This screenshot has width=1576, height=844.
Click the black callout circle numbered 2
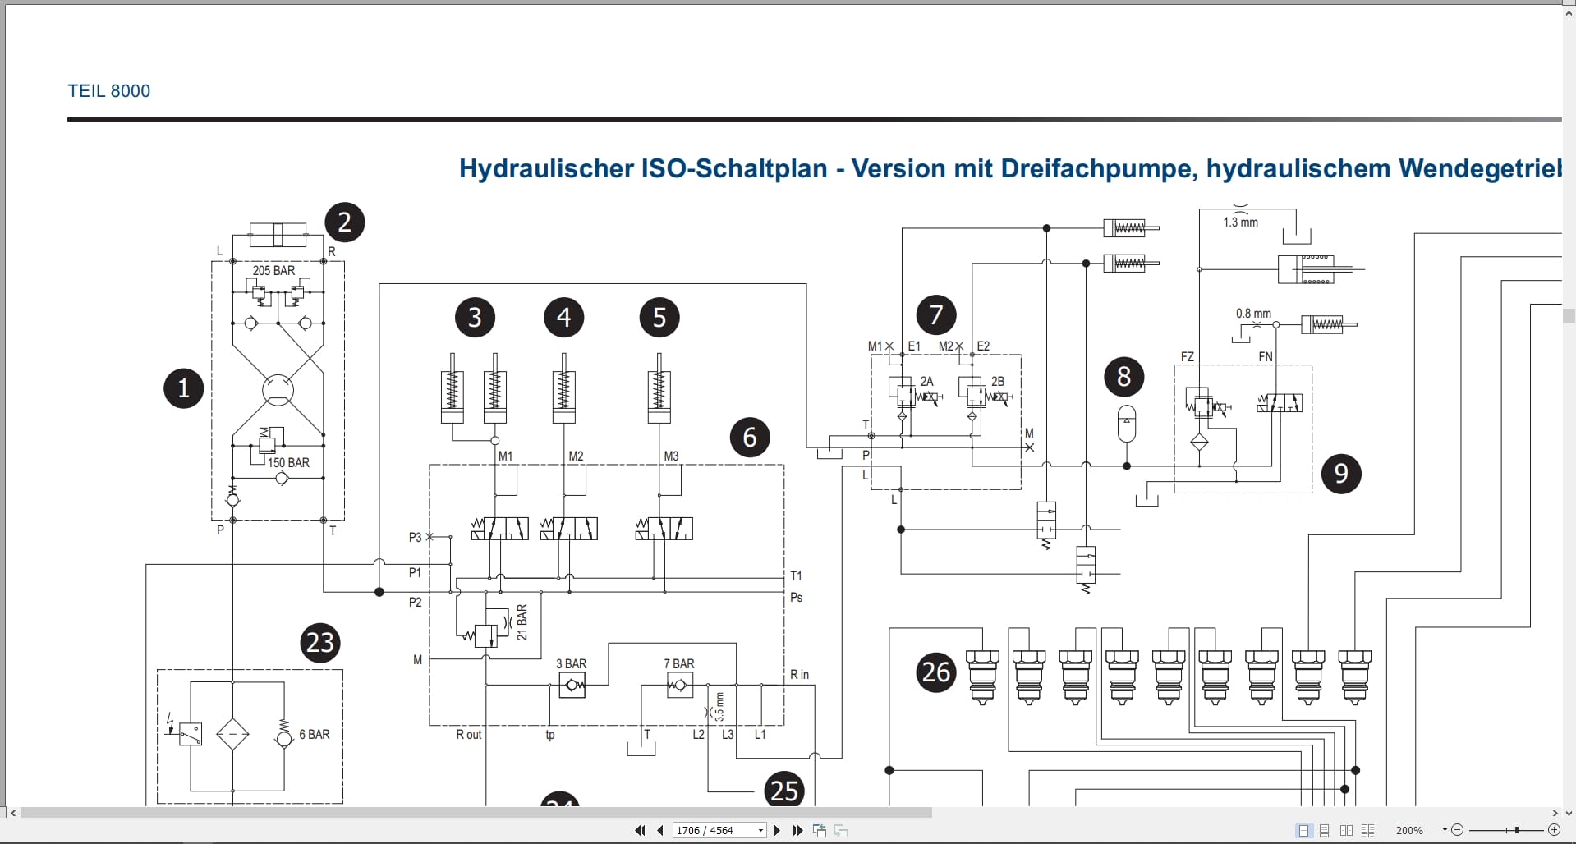pyautogui.click(x=345, y=222)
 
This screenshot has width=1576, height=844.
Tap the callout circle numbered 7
pyautogui.click(x=935, y=314)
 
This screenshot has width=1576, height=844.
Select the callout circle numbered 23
pyautogui.click(x=319, y=643)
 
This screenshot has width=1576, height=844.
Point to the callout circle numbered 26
pyautogui.click(x=935, y=672)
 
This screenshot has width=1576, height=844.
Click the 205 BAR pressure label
pyautogui.click(x=273, y=270)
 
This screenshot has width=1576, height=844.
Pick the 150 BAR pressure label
pyautogui.click(x=288, y=463)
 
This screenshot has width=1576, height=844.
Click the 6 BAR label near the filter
pyautogui.click(x=315, y=735)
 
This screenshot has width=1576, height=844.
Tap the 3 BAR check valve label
pyautogui.click(x=571, y=663)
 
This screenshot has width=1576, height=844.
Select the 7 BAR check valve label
pyautogui.click(x=678, y=663)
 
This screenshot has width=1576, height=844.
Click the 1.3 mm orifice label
pyautogui.click(x=1240, y=222)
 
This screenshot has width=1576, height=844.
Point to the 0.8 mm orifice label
pyautogui.click(x=1253, y=314)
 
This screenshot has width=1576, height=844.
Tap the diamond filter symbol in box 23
pyautogui.click(x=232, y=734)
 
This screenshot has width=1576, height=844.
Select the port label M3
pyautogui.click(x=671, y=456)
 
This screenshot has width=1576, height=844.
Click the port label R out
pyautogui.click(x=469, y=735)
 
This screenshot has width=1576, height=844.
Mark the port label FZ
pyautogui.click(x=1187, y=356)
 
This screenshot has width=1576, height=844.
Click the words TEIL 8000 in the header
pyautogui.click(x=109, y=91)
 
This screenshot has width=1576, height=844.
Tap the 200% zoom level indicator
pyautogui.click(x=1409, y=830)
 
